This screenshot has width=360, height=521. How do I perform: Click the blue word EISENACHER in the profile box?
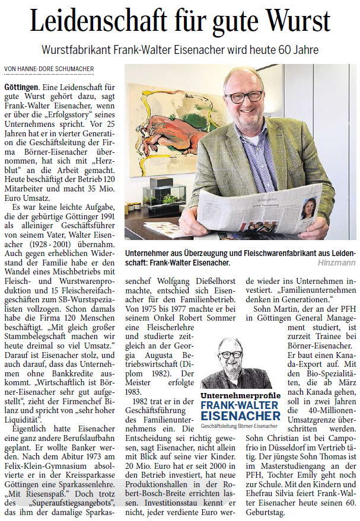click(x=240, y=416)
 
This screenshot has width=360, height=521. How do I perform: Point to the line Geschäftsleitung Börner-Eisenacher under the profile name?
click(x=240, y=426)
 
